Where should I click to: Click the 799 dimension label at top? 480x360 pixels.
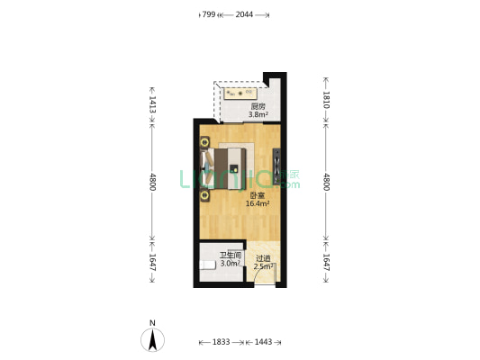tap(207, 14)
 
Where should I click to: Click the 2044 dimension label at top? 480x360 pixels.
tap(243, 14)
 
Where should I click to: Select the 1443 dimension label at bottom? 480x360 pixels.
tap(264, 343)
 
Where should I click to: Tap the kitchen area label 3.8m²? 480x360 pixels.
tap(258, 114)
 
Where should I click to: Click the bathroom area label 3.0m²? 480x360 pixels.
tap(231, 263)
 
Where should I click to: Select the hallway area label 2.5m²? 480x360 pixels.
tap(263, 265)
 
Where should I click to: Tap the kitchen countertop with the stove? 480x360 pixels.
tap(240, 92)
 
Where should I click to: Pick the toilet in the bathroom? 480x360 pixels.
tap(204, 268)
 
